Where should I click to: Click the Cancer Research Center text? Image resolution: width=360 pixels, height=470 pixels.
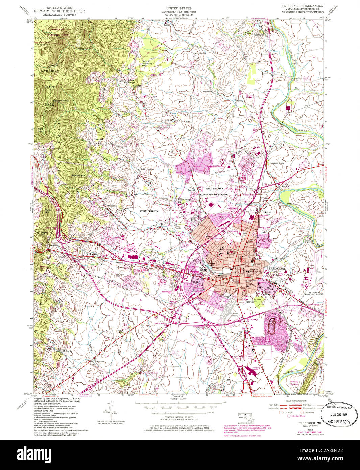pos(214,195)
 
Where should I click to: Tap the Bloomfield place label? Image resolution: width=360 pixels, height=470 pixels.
pos(207,91)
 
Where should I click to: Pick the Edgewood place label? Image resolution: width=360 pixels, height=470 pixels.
pos(98,139)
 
